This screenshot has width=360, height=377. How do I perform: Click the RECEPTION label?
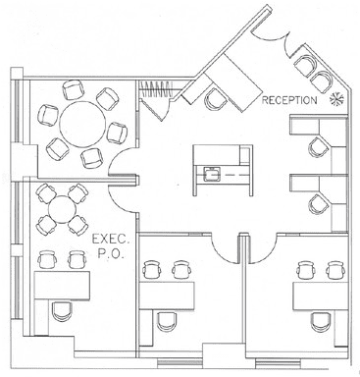coord(289,100)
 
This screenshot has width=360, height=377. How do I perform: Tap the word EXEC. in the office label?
coord(111,240)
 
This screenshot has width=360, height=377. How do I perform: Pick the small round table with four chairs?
coord(62,209)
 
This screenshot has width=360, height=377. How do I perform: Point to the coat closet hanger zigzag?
coord(156,89)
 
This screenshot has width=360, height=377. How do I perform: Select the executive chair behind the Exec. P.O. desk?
coord(62,312)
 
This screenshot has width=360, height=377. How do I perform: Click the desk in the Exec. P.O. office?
coord(62,285)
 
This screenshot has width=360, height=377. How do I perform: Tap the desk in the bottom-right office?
coord(321,296)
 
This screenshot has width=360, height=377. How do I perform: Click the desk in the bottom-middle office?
coord(167,296)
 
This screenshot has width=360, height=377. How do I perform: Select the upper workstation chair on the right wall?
coord(319,147)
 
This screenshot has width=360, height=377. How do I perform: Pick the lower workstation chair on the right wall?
coord(319,204)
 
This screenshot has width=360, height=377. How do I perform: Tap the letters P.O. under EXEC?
coord(111,254)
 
